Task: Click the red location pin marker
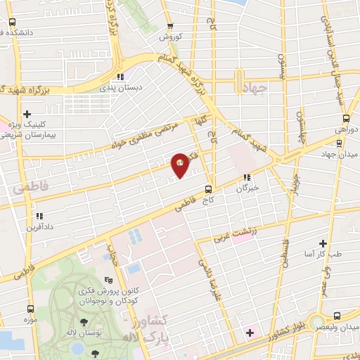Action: pyautogui.click(x=181, y=164)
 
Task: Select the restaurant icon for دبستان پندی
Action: pyautogui.click(x=121, y=77)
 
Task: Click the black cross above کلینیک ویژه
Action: pyautogui.click(x=27, y=114)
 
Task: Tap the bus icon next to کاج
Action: pyautogui.click(x=207, y=188)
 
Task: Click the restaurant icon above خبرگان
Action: pyautogui.click(x=246, y=177)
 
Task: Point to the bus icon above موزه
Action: pyautogui.click(x=30, y=308)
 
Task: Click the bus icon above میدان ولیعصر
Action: pyautogui.click(x=337, y=316)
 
